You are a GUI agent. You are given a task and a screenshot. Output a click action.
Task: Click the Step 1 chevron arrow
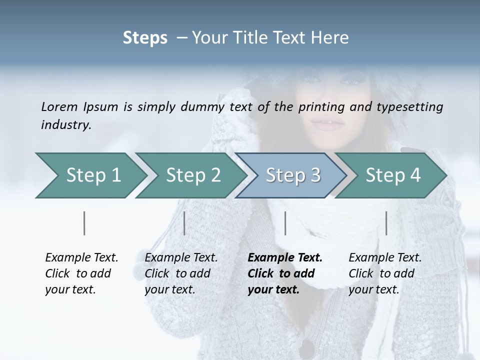coord(93,175)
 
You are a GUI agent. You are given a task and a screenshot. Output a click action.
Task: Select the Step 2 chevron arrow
coord(193,175)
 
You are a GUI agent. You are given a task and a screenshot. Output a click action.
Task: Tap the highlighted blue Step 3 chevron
coord(293,175)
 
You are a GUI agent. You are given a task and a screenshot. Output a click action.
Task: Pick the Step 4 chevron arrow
coord(393,175)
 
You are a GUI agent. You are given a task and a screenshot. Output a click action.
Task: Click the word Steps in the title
coord(145,38)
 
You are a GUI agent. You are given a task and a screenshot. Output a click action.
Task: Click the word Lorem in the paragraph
coord(59,106)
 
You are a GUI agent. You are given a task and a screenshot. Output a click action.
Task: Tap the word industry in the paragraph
coord(65,124)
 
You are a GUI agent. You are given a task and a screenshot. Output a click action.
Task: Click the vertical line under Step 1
coord(84,223)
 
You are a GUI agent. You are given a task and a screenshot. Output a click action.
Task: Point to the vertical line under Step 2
coord(184,223)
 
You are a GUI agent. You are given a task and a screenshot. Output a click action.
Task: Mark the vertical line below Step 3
coord(285,223)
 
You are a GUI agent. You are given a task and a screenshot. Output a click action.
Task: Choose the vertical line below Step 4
coord(386,223)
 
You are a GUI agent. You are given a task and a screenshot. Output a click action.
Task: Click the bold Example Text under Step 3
coord(285,258)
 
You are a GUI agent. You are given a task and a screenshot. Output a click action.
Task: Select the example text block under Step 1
coord(81,273)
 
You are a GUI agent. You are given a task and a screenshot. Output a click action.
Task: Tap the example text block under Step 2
coord(181,273)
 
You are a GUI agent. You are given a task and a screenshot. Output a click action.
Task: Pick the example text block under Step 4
coord(385,273)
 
